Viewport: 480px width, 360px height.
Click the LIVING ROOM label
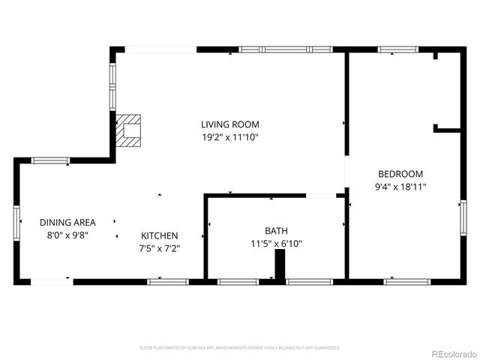pyautogui.click(x=230, y=124)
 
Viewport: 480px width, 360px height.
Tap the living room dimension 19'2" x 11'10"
pyautogui.click(x=230, y=137)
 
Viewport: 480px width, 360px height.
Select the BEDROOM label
pyautogui.click(x=400, y=173)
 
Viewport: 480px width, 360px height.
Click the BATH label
pyautogui.click(x=276, y=231)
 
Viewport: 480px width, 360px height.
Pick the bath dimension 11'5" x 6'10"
pyautogui.click(x=276, y=244)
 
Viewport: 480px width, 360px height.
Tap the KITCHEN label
pyautogui.click(x=159, y=235)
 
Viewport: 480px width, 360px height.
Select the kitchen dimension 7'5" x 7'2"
pyautogui.click(x=159, y=248)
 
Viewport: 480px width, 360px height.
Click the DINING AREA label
pyautogui.click(x=67, y=222)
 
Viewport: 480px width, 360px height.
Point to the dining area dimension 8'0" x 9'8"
pyautogui.click(x=67, y=235)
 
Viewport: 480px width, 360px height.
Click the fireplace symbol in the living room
pyautogui.click(x=130, y=129)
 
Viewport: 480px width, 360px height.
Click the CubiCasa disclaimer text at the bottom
pyautogui.click(x=240, y=348)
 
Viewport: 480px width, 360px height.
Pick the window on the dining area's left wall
pyautogui.click(x=16, y=222)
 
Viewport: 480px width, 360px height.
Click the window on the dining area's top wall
pyautogui.click(x=50, y=160)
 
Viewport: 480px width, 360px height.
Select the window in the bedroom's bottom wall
pyautogui.click(x=407, y=282)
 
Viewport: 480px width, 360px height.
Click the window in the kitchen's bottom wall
pyautogui.click(x=166, y=282)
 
